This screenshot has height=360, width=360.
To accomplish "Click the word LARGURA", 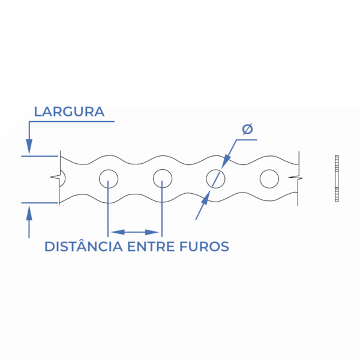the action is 69,112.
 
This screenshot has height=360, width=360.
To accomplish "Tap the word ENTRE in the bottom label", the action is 151,247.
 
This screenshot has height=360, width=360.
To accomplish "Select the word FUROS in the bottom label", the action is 204,247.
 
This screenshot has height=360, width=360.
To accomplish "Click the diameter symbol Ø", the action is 247,129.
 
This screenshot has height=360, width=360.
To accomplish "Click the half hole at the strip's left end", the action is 65,178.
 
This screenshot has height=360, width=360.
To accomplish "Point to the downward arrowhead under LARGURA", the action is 29,146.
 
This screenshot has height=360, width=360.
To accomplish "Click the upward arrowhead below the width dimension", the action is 29,212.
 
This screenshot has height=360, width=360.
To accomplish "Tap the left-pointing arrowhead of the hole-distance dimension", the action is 118,232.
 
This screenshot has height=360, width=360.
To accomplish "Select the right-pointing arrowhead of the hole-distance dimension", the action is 152,232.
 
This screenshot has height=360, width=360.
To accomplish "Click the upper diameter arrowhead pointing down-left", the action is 226,161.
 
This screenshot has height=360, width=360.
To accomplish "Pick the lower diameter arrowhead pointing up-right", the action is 206,197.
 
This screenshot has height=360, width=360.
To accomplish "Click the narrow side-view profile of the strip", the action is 337,179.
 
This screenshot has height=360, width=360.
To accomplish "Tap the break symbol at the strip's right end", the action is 296,178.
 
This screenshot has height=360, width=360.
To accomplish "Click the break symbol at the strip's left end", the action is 56,177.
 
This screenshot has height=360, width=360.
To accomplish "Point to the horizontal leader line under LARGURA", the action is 71,121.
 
